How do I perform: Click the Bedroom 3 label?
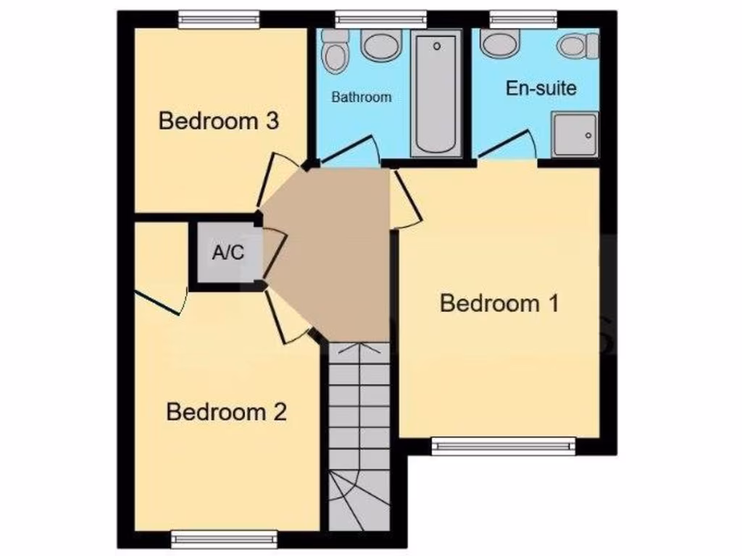218,120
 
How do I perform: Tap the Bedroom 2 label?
226,412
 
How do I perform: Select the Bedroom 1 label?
499,303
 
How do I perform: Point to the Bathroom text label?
361,97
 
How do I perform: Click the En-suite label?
541,88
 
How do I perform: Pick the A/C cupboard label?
228,253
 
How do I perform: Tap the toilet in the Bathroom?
335,51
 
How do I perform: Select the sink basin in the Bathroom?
382,46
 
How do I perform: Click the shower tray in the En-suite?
575,135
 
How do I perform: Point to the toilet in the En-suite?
577,46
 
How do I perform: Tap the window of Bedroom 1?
503,446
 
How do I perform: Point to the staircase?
359,434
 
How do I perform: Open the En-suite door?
507,146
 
